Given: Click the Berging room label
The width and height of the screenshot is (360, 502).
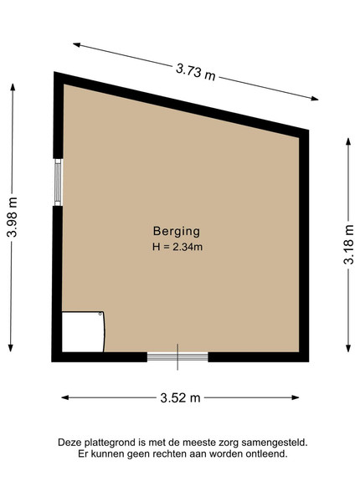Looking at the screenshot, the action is (177, 231).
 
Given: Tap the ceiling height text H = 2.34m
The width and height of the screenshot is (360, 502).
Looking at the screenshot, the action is (177, 247).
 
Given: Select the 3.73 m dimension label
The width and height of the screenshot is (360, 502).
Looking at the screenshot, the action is (196, 72).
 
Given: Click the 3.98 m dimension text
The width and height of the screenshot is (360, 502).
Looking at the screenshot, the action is (13, 217).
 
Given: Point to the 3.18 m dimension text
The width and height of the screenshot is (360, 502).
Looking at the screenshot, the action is (349, 244).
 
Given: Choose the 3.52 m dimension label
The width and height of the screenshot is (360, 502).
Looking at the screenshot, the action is (180, 398).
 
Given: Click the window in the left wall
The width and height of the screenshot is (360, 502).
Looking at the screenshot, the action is (58, 182).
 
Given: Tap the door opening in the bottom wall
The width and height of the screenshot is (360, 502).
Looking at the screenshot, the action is (177, 356).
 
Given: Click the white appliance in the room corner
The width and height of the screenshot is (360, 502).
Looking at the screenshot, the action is (83, 331).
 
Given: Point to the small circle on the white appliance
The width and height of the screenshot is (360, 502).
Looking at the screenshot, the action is (100, 314).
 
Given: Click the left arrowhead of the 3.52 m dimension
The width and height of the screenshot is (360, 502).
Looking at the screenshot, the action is (65, 397).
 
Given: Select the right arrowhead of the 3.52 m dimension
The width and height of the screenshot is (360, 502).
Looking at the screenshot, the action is (295, 397).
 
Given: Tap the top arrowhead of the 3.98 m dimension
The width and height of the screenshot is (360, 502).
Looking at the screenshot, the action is (13, 87).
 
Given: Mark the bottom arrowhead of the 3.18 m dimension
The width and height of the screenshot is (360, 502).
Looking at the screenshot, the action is (348, 348).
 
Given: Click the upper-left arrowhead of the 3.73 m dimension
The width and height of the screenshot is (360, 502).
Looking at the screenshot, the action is (77, 45).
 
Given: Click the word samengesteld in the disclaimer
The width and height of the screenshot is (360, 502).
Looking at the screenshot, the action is (274, 443).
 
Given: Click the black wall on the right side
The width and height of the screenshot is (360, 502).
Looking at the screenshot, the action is (304, 245).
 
